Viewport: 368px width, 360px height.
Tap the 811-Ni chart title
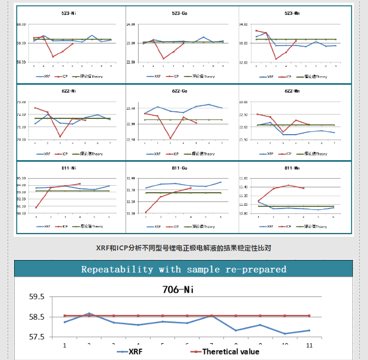[69, 168]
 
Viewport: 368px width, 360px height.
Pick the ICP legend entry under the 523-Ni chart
[66, 77]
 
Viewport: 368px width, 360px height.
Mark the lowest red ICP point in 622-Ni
[60, 137]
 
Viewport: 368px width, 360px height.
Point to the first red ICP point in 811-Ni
[36, 207]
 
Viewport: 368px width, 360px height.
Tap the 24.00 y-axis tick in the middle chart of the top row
[130, 25]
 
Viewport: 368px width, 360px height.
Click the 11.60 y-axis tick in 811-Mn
[244, 179]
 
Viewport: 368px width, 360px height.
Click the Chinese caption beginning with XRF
[184, 248]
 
